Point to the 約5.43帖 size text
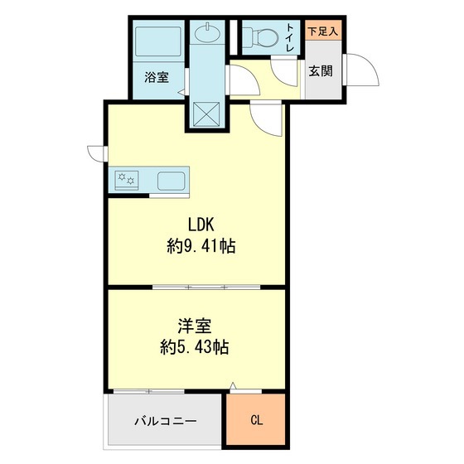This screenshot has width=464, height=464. point(196,347)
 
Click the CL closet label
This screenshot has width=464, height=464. point(257,420)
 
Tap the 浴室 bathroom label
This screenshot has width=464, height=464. point(157,78)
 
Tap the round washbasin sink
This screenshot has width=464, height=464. point(208,33)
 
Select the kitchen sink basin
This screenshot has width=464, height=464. point(172,179)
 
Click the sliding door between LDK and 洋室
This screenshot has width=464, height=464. point(205,287)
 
